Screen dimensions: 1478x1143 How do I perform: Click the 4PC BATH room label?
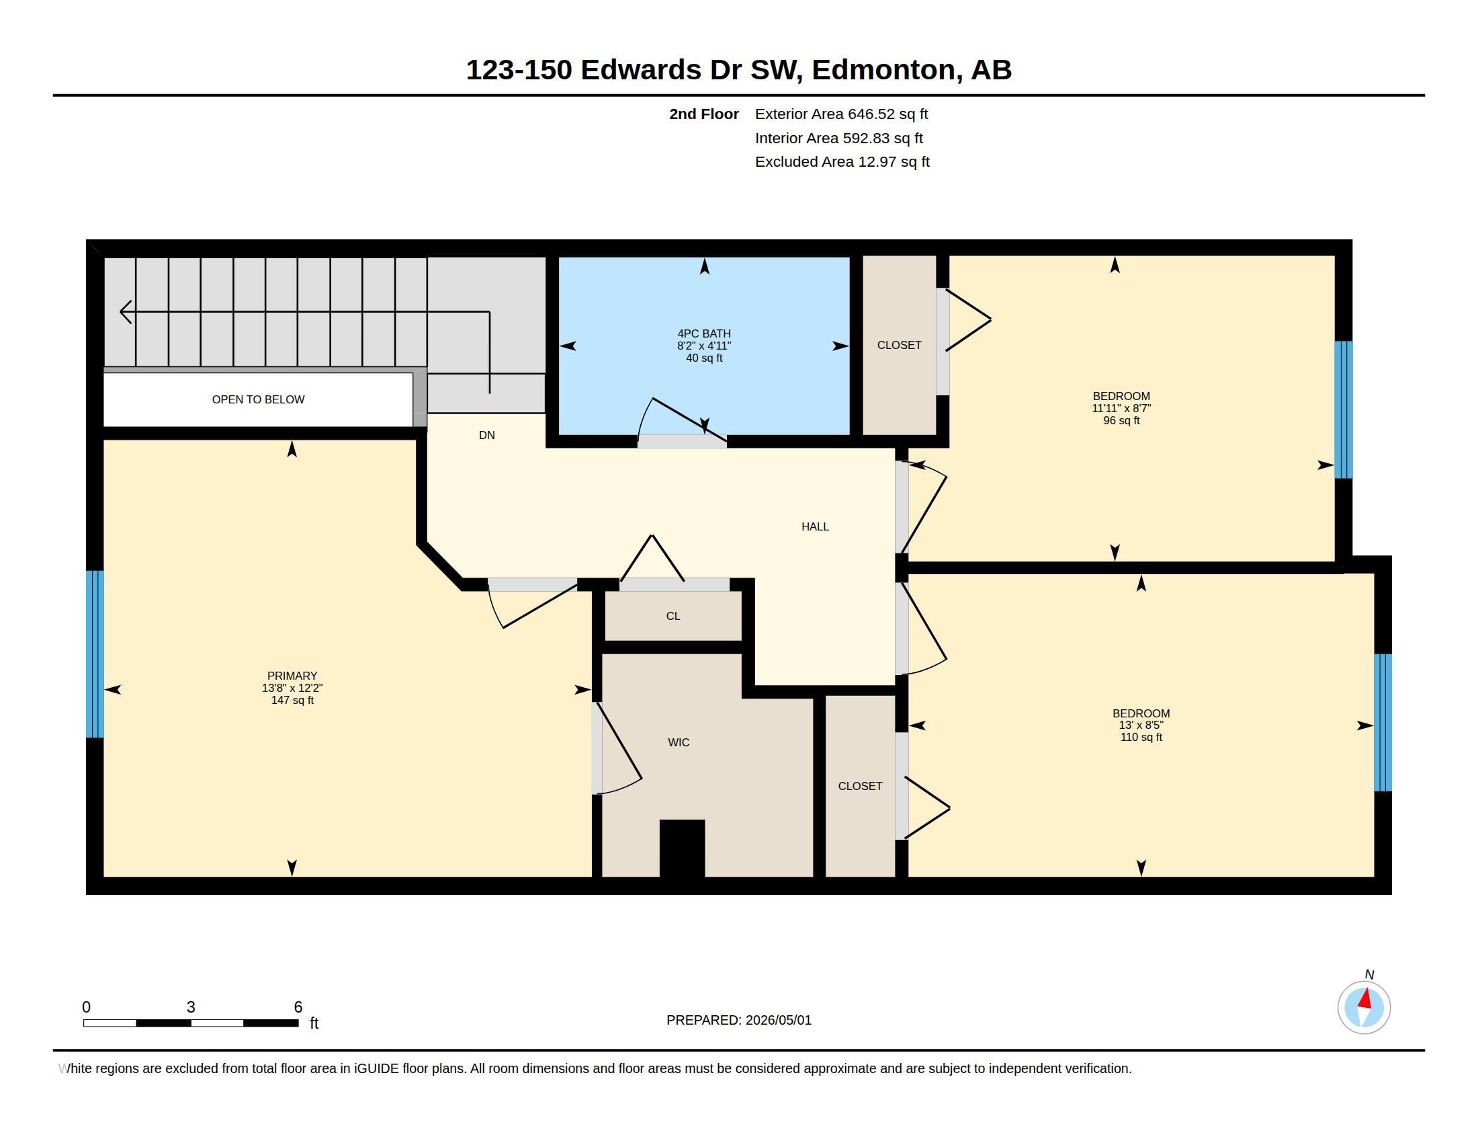click(x=704, y=333)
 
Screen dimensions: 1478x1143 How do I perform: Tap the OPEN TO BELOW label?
click(x=258, y=399)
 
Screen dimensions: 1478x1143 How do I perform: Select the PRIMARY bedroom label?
click(x=292, y=676)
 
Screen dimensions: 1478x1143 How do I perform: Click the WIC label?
click(x=679, y=743)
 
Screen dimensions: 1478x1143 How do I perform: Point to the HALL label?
click(x=815, y=527)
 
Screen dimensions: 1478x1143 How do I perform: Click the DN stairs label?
click(x=486, y=436)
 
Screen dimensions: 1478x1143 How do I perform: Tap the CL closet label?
click(x=672, y=616)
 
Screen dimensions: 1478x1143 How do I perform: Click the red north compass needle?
click(x=1366, y=998)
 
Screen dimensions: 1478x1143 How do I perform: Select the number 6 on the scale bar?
click(x=298, y=1007)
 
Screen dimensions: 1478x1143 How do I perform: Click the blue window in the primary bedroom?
click(x=95, y=654)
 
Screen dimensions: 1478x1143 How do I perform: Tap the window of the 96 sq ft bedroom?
click(x=1344, y=409)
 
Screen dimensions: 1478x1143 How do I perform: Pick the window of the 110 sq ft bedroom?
click(x=1383, y=723)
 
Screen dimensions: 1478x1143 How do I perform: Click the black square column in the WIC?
click(x=682, y=849)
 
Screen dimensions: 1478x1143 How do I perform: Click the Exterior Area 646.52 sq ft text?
click(x=841, y=114)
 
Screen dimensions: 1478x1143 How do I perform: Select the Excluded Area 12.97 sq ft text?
click(x=842, y=162)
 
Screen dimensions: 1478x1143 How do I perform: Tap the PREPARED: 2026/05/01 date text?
click(x=739, y=1020)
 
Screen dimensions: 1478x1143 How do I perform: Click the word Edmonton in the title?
click(x=887, y=70)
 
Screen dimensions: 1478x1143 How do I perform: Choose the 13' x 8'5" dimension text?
click(x=1141, y=725)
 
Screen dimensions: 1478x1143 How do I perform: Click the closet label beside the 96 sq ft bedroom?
click(x=900, y=346)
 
